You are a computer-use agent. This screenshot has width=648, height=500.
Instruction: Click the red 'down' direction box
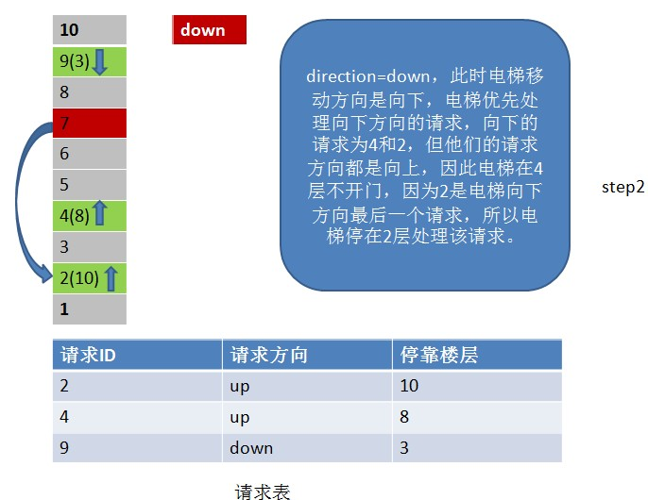click(x=209, y=30)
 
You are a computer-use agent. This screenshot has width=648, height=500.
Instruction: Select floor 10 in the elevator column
click(x=90, y=30)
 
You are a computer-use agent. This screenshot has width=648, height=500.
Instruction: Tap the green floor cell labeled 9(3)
click(x=90, y=61)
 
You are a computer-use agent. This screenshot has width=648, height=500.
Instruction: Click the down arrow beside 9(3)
click(x=99, y=62)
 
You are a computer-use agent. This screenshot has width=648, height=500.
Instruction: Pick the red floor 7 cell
click(x=90, y=123)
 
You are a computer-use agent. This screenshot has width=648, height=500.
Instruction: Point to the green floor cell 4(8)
click(x=90, y=216)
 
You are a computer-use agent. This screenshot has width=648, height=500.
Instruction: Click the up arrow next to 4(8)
click(x=99, y=213)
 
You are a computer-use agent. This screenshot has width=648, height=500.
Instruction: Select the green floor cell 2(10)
click(x=90, y=278)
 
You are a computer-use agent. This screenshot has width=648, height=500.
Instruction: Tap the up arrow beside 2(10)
click(x=111, y=278)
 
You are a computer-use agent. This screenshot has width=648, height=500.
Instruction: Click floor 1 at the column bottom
click(x=90, y=309)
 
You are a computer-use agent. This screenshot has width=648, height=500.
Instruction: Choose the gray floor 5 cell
click(x=90, y=185)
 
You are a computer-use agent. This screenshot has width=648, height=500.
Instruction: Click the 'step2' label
click(x=622, y=188)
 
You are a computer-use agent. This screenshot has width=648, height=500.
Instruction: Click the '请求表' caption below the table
click(x=263, y=492)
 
